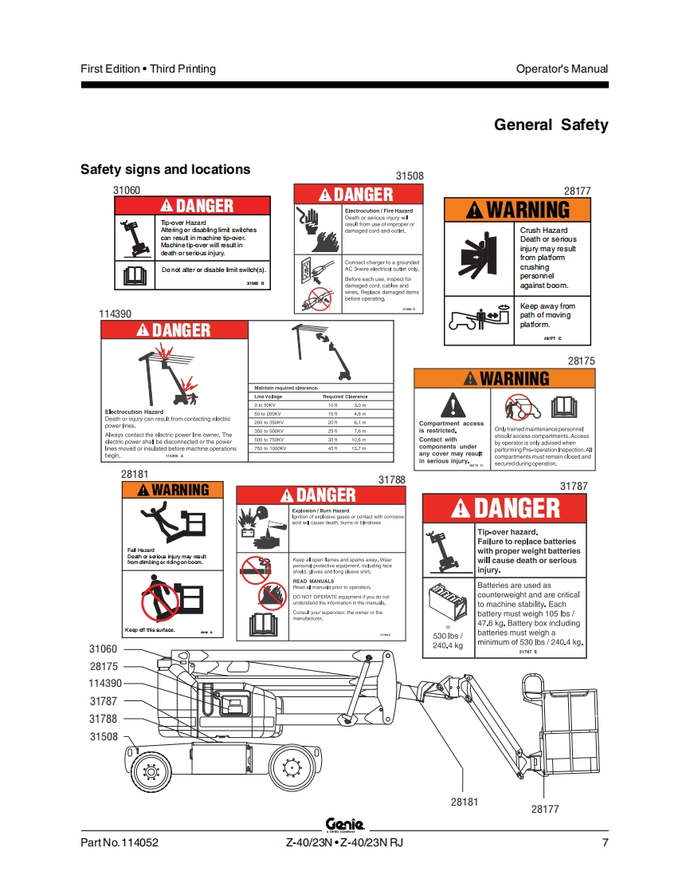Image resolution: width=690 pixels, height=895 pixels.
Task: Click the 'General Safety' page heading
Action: tap(551, 124)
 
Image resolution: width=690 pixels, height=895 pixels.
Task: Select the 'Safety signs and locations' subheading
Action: tap(165, 169)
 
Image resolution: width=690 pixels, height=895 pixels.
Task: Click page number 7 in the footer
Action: tap(605, 842)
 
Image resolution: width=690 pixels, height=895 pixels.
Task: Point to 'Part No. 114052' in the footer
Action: tap(114, 842)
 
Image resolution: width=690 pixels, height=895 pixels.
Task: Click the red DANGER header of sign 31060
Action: tap(194, 206)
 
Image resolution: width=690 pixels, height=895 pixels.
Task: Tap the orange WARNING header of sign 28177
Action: tap(517, 210)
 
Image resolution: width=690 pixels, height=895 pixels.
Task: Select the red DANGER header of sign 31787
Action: tap(505, 508)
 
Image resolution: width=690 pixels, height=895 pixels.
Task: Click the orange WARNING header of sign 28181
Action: tap(173, 490)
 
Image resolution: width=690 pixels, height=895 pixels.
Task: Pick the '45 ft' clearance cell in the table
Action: tap(333, 448)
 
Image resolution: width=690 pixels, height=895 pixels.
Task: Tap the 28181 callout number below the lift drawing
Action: tap(465, 802)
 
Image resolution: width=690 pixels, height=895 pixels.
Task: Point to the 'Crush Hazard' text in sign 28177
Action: tap(543, 230)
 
